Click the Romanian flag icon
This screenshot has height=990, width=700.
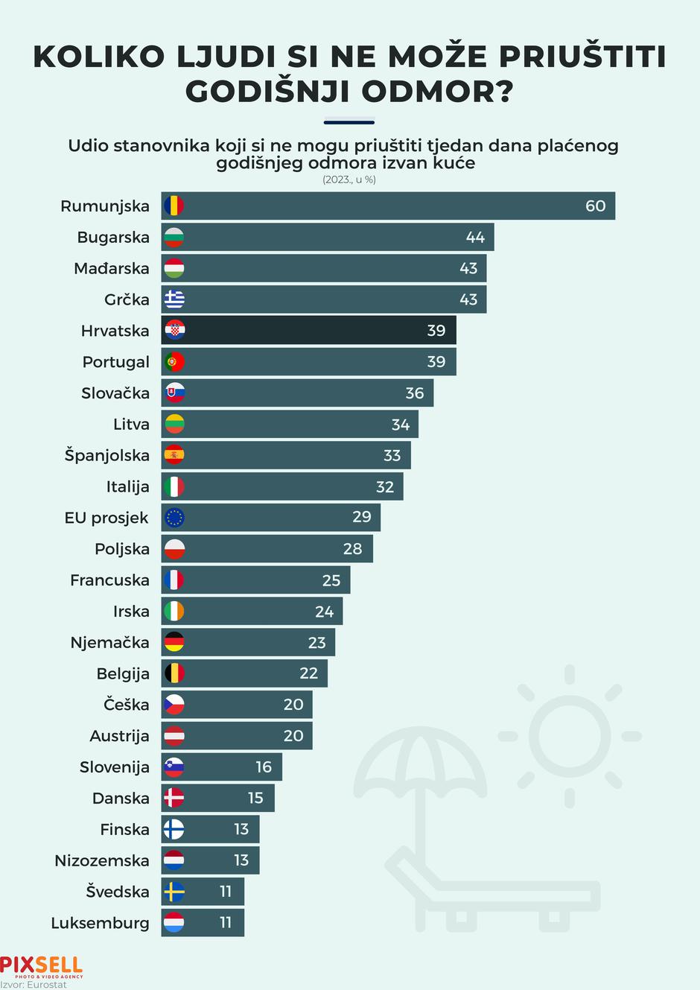[x=174, y=206]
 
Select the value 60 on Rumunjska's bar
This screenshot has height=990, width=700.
[x=595, y=206]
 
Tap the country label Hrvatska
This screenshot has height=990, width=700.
[x=115, y=331]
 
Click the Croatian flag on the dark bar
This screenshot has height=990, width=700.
[x=174, y=330]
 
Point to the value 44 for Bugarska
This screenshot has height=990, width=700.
[x=475, y=238]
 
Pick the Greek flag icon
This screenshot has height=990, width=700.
[x=174, y=299]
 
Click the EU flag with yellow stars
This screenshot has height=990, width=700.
[x=174, y=518]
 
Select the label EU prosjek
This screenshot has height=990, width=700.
[x=106, y=518]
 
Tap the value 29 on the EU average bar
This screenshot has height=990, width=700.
[x=361, y=517]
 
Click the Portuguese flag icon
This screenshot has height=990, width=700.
[x=174, y=362]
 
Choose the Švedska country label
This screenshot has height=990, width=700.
[x=117, y=892]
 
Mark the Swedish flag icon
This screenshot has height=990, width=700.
[x=174, y=892]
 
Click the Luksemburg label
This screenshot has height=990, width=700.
[x=100, y=923]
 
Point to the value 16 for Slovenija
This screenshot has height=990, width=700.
[x=264, y=767]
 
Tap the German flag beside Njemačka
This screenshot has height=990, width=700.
[x=174, y=642]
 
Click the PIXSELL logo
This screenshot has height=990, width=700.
[x=41, y=966]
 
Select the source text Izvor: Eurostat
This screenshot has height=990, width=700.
[x=34, y=985]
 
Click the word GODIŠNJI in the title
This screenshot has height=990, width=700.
[x=267, y=92]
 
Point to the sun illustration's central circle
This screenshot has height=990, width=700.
[x=569, y=736]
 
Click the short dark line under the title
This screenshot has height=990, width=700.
[x=349, y=122]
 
